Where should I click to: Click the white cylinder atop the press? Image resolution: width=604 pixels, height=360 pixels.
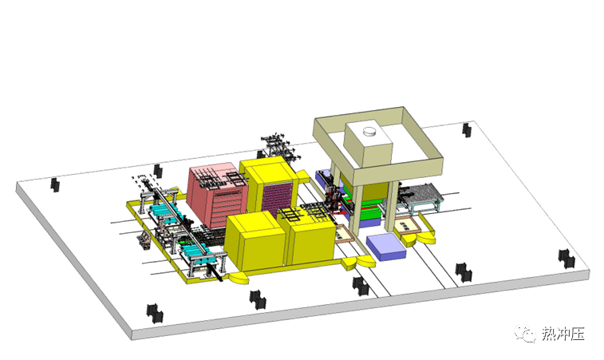coord(370,132)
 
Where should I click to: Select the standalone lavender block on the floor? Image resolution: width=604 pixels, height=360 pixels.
coord(386,247)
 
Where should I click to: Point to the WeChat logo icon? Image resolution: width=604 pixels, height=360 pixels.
coord(526,333)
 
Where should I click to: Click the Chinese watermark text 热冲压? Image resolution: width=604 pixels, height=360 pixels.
coord(563,334)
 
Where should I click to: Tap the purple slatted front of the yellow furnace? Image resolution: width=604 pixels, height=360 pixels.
coord(278,199)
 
